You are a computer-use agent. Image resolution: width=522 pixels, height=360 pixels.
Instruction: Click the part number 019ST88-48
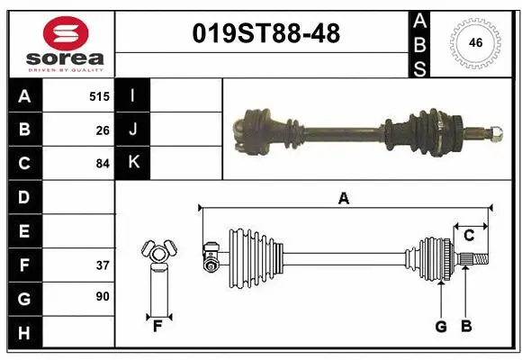coord(267,34)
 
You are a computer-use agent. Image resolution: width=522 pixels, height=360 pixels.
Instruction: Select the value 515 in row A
coord(99,95)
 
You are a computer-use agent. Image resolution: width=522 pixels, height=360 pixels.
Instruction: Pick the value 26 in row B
coord(103,130)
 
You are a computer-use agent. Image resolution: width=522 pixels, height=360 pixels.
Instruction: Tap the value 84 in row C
coord(103,164)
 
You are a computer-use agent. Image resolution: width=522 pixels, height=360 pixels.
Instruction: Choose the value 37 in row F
coord(103,265)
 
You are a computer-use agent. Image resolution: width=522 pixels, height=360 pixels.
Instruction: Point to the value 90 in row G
coord(103,296)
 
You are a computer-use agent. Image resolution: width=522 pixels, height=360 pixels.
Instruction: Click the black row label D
coord(24,197)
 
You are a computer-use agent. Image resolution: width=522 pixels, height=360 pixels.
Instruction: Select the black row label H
coord(24,333)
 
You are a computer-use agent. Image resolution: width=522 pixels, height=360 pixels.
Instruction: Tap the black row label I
coord(133,95)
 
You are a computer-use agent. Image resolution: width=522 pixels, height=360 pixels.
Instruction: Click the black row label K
coord(133,163)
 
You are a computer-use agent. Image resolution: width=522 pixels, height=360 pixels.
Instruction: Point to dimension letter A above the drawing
coord(343,199)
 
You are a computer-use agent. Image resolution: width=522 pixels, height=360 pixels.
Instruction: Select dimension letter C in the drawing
coord(469,236)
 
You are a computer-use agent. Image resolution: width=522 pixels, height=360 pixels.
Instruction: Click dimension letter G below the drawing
coord(441,327)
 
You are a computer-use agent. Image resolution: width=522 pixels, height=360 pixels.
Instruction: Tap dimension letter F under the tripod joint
coord(157,327)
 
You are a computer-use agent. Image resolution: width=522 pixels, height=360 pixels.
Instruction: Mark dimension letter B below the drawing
coord(465,327)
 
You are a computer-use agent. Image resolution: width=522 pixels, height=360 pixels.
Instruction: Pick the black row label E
coord(24,231)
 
